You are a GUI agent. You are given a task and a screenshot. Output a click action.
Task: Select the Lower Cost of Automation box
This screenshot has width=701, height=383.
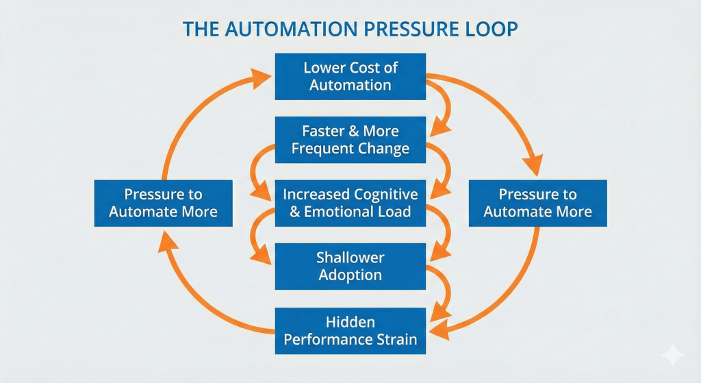pos(350,77)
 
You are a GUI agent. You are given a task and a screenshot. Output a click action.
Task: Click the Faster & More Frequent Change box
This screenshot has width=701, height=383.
pos(350,140)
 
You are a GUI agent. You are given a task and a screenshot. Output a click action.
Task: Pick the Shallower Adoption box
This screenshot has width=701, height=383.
pos(350,267)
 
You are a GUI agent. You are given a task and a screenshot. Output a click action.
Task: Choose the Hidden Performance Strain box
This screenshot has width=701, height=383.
pos(350,331)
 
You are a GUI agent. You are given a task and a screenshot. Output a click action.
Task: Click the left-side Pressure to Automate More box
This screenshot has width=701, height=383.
pos(163,203)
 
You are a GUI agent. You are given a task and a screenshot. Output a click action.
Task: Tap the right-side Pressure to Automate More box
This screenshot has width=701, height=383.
pos(538,203)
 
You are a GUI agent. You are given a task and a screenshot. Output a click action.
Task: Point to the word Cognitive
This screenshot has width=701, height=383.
pos(385,195)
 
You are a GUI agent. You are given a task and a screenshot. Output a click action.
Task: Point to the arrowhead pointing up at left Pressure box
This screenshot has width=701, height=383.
pos(166,242)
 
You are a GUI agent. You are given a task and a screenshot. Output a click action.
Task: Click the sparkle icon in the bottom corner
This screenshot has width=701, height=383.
pos(673,356)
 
